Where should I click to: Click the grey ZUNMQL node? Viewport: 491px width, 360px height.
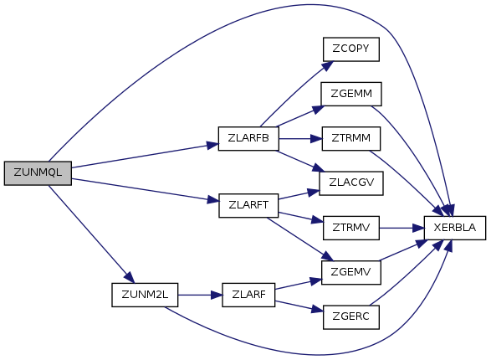click(38, 173)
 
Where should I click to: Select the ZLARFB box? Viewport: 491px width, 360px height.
click(248, 138)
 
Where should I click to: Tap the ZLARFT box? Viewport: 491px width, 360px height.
click(248, 205)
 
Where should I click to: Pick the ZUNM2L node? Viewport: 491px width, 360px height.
click(145, 295)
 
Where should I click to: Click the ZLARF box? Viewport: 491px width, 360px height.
click(248, 295)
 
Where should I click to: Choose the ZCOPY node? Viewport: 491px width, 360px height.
click(351, 49)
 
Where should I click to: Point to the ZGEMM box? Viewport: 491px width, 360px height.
click(351, 94)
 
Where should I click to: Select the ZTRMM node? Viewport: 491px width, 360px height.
click(351, 138)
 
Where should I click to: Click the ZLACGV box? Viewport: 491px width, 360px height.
click(351, 183)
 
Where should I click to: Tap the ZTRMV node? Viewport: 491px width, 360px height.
click(351, 228)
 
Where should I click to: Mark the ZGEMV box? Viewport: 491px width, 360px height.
click(351, 272)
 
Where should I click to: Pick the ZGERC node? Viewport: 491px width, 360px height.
click(351, 317)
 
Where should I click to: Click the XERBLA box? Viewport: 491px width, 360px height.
click(455, 228)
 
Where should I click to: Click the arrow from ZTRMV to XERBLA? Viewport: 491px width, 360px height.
click(401, 228)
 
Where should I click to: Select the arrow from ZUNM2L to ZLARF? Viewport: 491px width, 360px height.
click(200, 295)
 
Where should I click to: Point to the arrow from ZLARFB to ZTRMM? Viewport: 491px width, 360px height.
click(300, 138)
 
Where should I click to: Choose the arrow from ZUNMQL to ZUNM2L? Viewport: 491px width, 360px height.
click(91, 234)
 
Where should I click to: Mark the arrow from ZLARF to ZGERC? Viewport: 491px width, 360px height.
click(299, 306)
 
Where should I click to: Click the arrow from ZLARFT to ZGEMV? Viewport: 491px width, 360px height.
click(299, 239)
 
